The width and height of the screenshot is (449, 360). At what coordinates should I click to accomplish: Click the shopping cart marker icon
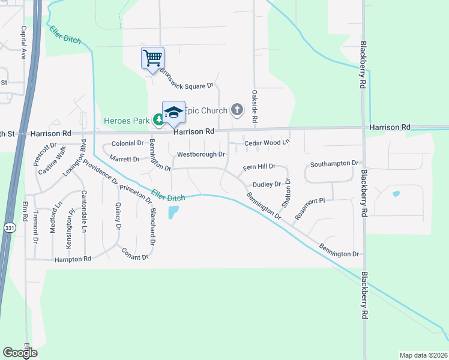(x=152, y=58)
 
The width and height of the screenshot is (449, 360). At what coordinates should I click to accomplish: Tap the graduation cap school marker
(x=173, y=112)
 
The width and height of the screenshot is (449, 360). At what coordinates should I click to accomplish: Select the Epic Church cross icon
(x=237, y=110)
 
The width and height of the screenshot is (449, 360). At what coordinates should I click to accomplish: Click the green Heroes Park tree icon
(x=157, y=121)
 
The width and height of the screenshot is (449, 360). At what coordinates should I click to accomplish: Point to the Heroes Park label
(x=126, y=121)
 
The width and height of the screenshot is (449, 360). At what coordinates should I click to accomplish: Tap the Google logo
(x=20, y=353)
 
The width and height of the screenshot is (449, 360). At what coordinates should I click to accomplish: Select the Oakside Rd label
(x=255, y=107)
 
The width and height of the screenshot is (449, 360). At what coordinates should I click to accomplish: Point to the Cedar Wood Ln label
(x=267, y=143)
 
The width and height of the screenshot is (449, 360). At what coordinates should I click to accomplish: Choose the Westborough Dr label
(x=200, y=155)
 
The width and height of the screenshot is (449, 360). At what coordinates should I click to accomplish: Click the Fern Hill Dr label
(x=259, y=166)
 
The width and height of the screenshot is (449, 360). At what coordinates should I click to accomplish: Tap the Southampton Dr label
(x=334, y=163)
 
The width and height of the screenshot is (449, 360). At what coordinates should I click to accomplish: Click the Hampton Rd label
(x=72, y=259)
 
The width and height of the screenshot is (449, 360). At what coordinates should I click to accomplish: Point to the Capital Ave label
(x=24, y=43)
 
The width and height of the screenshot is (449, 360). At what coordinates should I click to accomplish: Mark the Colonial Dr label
(x=127, y=143)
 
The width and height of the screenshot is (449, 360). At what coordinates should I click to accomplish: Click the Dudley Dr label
(x=267, y=185)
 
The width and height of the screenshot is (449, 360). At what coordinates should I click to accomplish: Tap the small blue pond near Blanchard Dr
(x=173, y=212)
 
